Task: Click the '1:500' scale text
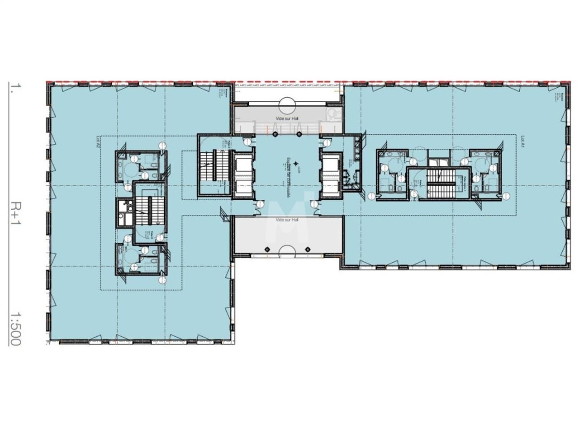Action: (16, 328)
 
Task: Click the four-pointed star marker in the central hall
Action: (295, 163)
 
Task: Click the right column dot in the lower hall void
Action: (308, 249)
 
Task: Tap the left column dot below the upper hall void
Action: (275, 134)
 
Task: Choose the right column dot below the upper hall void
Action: (299, 134)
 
